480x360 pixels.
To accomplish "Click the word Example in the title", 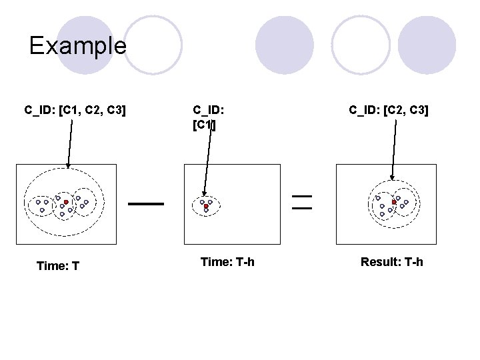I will (77, 46).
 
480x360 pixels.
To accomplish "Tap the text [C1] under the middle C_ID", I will (204, 125).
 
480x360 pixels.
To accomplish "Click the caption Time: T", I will (59, 266).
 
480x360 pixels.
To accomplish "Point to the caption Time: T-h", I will (227, 262).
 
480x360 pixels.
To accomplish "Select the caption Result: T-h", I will (391, 262).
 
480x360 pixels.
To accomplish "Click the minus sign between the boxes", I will (147, 203).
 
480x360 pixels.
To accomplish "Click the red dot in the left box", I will (66, 201).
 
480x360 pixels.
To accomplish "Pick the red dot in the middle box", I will (206, 207).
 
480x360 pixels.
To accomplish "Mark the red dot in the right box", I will (395, 201).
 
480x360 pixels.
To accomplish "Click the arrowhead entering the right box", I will (392, 177).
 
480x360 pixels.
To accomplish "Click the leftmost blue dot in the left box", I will (38, 201).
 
